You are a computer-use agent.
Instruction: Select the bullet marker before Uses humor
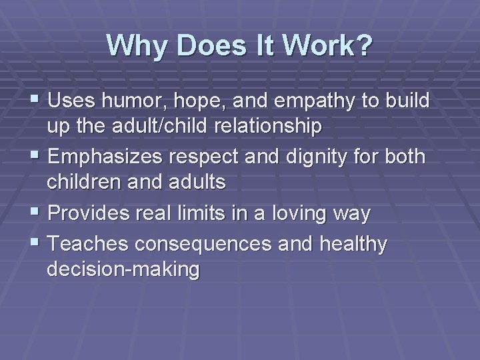pos(36,102)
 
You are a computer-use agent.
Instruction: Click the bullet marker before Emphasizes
pos(36,157)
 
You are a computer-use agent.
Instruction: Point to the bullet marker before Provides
pos(36,213)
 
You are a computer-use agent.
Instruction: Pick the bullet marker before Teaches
pos(36,245)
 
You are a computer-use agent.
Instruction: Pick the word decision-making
pos(123,269)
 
